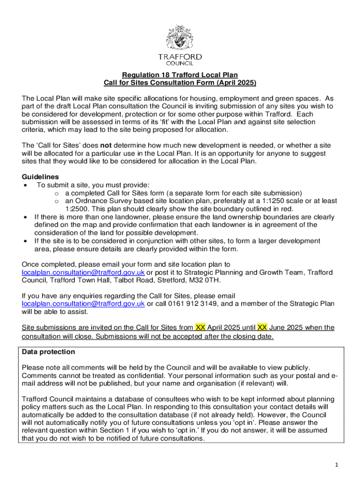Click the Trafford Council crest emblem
180,38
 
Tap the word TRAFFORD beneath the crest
180,57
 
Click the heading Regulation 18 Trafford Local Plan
180,75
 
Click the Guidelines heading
41,177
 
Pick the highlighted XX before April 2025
200,327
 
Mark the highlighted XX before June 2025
263,327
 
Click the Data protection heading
48,352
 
